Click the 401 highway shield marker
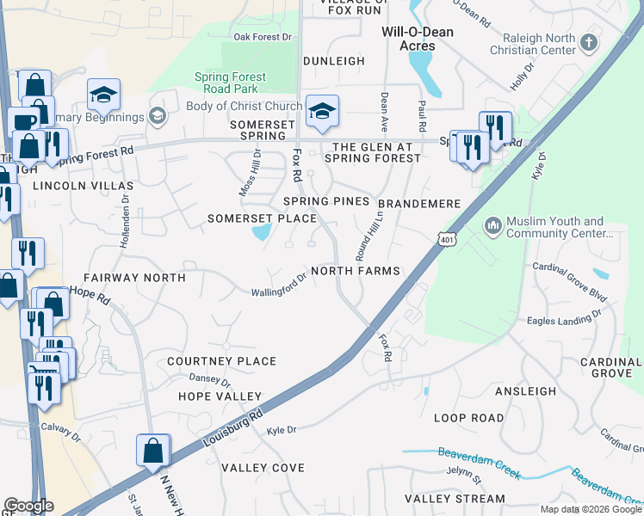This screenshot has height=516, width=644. (444, 236)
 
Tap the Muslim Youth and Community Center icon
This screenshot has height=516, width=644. (493, 225)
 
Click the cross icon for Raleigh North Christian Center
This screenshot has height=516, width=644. (589, 42)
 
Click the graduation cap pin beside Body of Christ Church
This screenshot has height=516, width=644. (322, 112)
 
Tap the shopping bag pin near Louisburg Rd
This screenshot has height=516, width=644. (152, 451)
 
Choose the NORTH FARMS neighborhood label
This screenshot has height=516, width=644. (356, 271)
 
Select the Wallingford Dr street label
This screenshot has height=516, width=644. (278, 286)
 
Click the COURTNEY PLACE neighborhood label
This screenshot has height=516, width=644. (221, 361)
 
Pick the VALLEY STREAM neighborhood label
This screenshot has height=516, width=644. (455, 499)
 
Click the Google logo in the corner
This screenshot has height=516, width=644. (28, 506)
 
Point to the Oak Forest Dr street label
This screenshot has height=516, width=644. (263, 37)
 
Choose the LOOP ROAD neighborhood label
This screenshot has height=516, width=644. (468, 418)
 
